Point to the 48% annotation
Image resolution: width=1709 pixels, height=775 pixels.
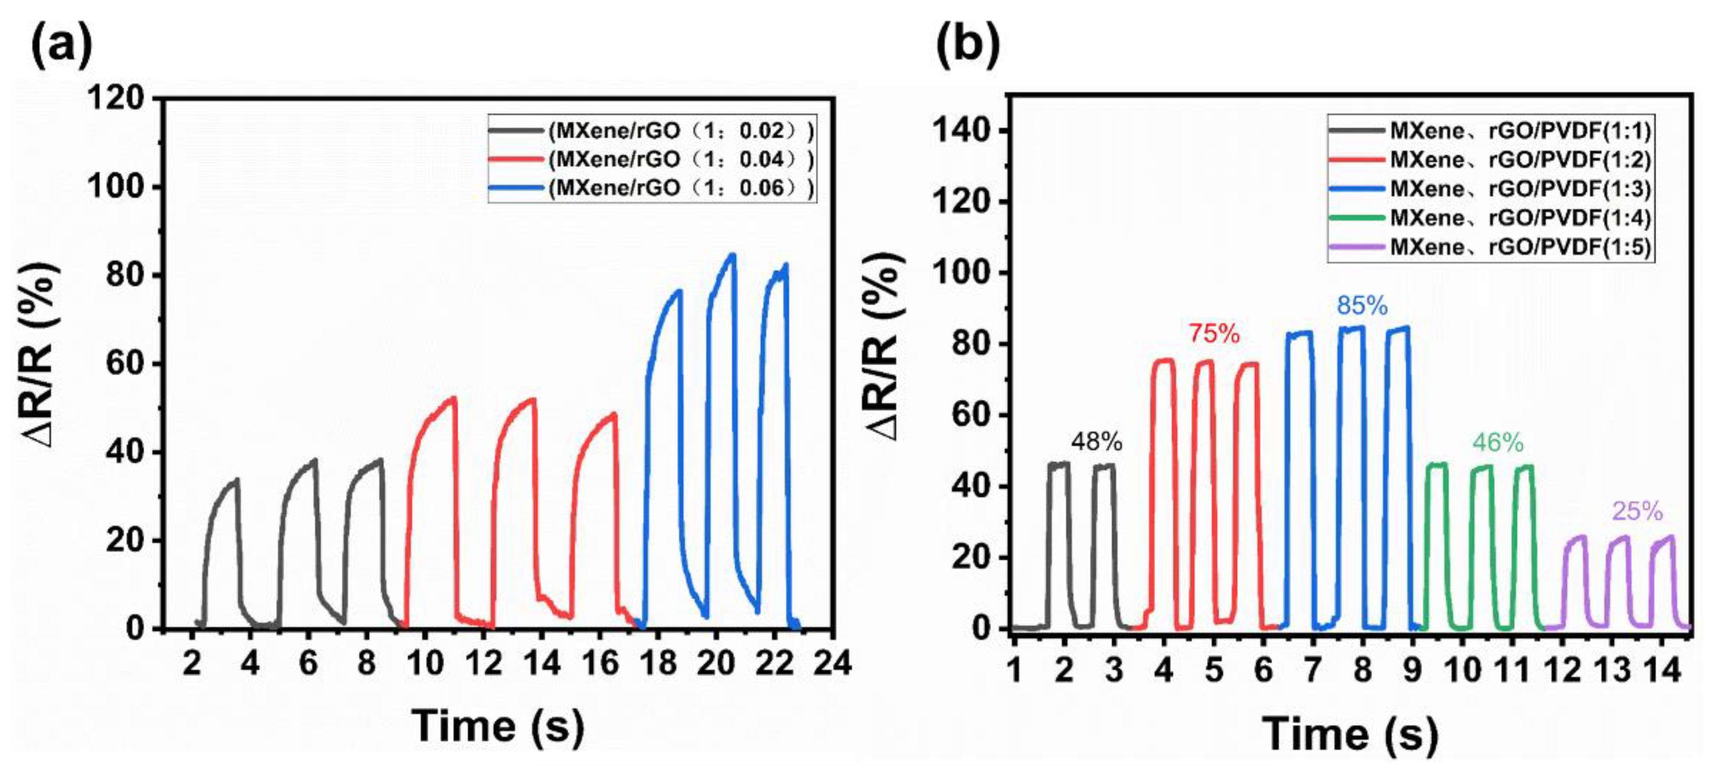click(1096, 441)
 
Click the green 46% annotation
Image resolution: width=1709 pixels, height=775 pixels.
click(1497, 443)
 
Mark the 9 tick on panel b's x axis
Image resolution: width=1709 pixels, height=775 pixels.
click(1412, 671)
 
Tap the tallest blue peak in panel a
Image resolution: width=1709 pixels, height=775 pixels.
click(732, 255)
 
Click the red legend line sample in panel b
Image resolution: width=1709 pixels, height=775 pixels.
click(1357, 160)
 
